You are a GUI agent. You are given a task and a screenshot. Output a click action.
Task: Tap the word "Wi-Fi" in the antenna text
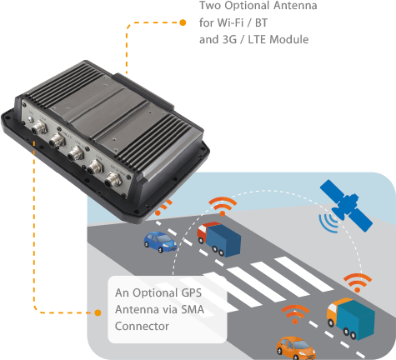point(230,22)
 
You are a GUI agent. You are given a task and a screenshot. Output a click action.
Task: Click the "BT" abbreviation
point(261,22)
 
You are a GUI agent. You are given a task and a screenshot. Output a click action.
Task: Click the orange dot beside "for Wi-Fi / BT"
point(183,22)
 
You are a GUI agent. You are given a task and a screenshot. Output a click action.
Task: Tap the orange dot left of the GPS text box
point(98,312)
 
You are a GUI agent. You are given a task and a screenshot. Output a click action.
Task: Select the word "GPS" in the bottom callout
point(191,292)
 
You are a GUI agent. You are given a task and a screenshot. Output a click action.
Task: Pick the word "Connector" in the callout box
point(142,326)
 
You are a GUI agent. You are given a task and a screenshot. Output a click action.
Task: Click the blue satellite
point(346,206)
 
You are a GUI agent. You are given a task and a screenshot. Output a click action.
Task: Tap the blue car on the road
point(160,242)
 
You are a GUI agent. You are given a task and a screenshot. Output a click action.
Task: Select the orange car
point(296,348)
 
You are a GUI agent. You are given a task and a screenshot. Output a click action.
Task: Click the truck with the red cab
point(218,239)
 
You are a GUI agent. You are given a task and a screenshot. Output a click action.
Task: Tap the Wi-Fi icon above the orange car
point(295,314)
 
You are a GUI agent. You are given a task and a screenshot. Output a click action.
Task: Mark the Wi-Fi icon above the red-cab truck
point(223,207)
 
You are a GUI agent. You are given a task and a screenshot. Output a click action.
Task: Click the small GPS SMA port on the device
point(31,119)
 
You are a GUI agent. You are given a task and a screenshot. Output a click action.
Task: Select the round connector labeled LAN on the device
point(95,167)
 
